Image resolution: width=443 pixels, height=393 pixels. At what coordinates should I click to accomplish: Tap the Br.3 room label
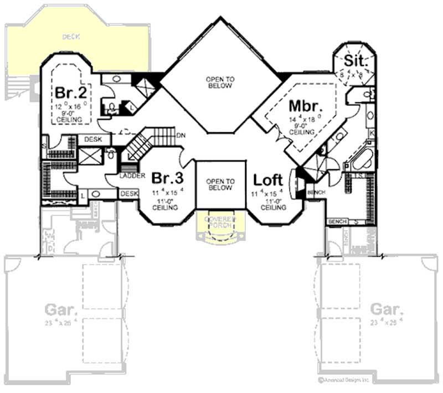(167, 179)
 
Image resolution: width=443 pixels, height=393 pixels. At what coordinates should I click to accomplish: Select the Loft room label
(269, 179)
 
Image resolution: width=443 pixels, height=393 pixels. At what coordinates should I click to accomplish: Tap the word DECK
(71, 37)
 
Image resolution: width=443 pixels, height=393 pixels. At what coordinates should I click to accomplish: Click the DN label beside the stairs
(181, 136)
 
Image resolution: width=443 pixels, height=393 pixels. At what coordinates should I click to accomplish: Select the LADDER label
(132, 176)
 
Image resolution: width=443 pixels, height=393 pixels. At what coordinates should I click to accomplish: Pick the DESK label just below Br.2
(94, 140)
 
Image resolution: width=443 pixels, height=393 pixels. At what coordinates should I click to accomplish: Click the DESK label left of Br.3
(128, 193)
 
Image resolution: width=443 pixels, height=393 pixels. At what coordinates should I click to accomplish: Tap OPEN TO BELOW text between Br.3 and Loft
(220, 184)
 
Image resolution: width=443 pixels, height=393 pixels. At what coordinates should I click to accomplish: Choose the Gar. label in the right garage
(386, 308)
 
